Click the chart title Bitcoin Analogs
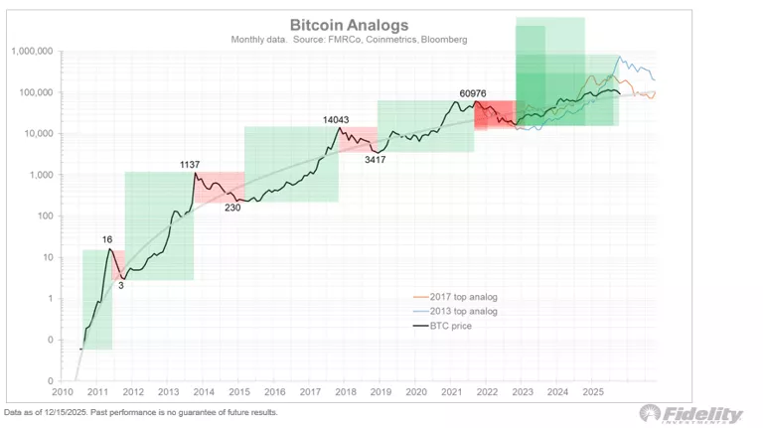[x=348, y=25]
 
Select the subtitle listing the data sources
[x=348, y=40]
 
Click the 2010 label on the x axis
[x=62, y=392]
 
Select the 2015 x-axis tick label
[x=238, y=392]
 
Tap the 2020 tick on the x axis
[x=415, y=392]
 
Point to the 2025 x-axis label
[x=591, y=392]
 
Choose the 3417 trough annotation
[x=375, y=159]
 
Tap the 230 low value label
[x=232, y=207]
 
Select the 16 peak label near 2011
[x=108, y=239]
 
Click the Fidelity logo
[x=691, y=413]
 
